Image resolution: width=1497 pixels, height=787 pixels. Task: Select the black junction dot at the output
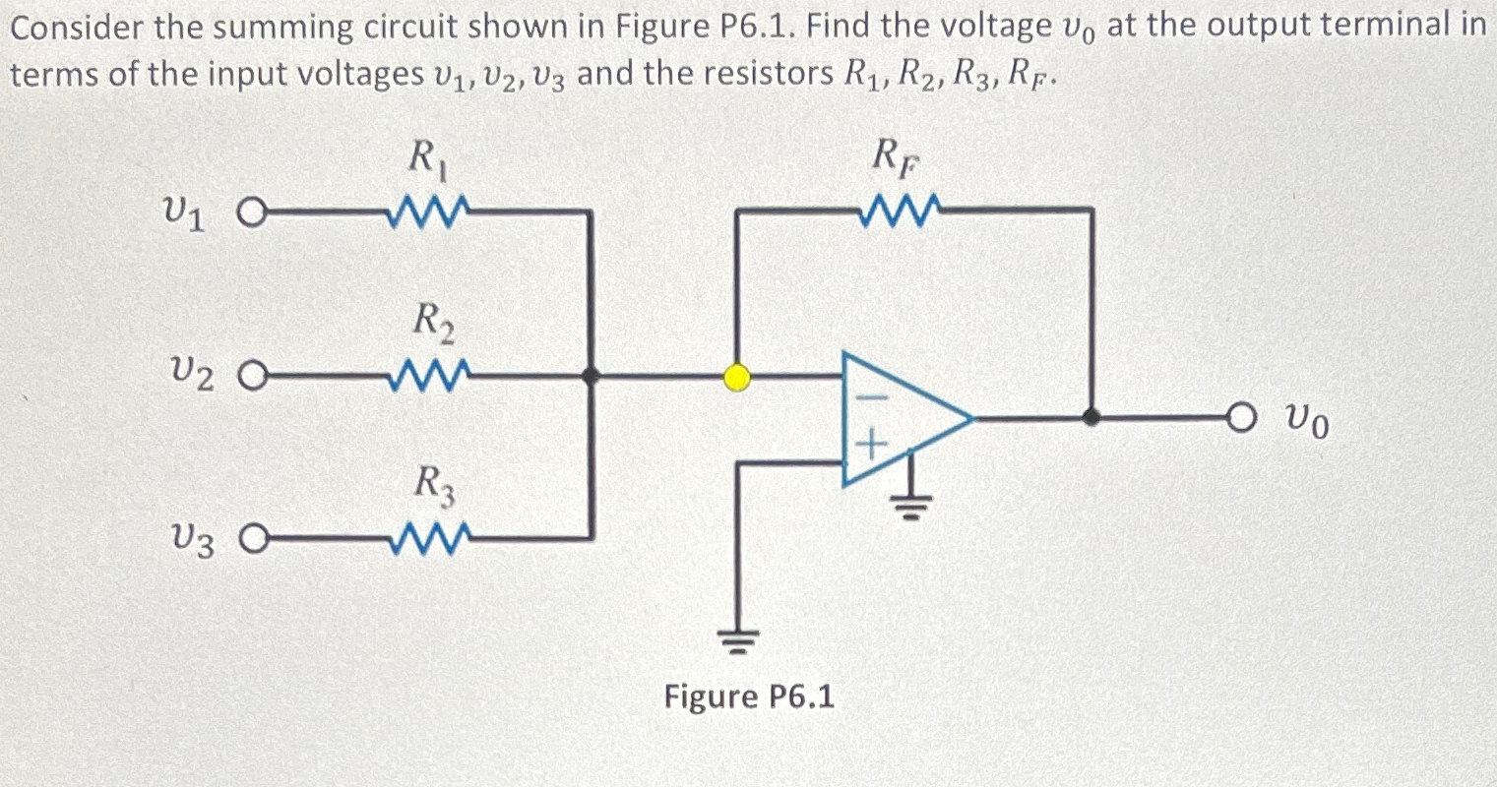tap(1091, 418)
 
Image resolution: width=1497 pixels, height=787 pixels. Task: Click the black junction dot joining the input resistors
tap(590, 376)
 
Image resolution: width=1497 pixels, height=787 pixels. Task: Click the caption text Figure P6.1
tap(749, 696)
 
